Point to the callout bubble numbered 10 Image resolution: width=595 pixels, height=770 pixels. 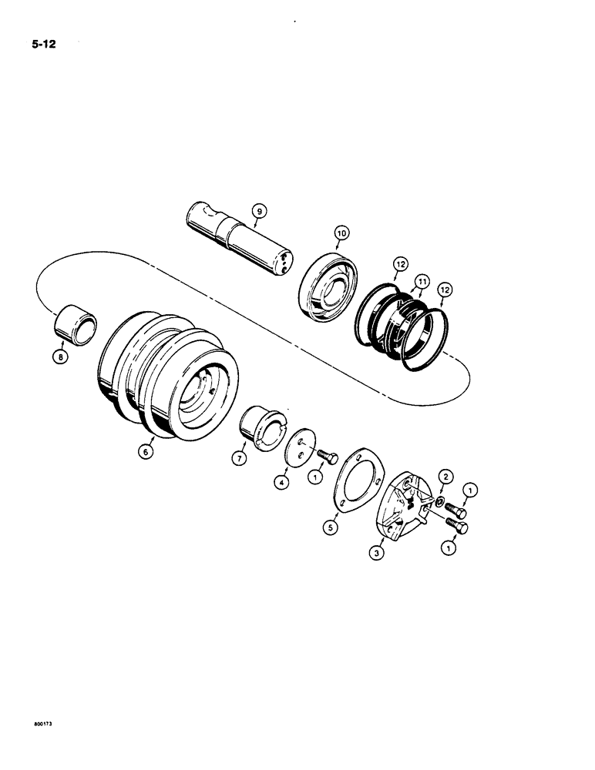click(340, 232)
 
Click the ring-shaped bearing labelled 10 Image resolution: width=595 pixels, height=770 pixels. click(327, 285)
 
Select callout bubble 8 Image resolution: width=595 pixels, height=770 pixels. click(60, 357)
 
